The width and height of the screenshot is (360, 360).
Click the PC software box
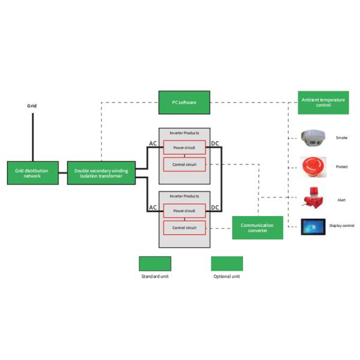coord(185,103)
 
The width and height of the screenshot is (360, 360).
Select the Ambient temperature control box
coord(323,103)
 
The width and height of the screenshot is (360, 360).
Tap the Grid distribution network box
coord(32,174)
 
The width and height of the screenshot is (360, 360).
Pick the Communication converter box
coord(257,227)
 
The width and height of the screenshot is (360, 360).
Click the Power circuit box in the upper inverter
coord(184,147)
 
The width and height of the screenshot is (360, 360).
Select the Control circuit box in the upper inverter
coord(184,164)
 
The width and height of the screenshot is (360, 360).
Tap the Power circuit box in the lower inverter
coord(184,211)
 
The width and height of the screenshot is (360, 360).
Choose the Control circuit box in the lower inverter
coord(184,228)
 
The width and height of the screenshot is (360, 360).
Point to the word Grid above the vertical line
coord(32,106)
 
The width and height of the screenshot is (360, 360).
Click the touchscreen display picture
coord(313,227)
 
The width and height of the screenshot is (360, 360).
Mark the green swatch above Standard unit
coord(155,263)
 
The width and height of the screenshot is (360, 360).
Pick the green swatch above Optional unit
coord(227,263)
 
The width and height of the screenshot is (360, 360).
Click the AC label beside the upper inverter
coord(153,143)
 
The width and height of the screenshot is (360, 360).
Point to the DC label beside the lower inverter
coord(215,208)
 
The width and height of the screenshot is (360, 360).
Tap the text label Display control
coord(342,226)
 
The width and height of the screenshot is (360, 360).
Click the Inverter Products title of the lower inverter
coord(184,196)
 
